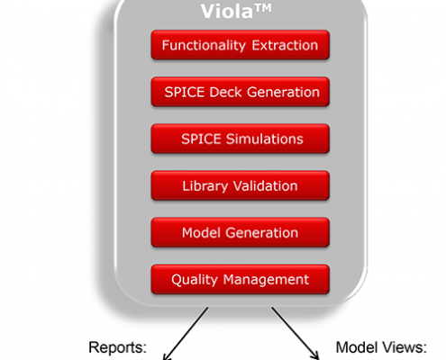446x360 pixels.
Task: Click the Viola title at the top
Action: [236, 12]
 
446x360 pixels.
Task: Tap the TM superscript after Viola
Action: [263, 8]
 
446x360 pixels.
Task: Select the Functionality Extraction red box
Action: [241, 45]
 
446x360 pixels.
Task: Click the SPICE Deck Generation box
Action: [241, 92]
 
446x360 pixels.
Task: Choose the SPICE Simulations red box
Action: [241, 139]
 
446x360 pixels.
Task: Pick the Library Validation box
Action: [241, 185]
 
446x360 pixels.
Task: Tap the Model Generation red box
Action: [241, 232]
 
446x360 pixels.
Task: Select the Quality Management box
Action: [241, 279]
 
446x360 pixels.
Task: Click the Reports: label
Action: [118, 348]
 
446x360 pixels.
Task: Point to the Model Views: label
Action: [381, 347]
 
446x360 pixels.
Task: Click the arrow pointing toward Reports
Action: [186, 333]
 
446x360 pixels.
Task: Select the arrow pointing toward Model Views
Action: [296, 333]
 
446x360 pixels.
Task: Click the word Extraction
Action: [285, 45]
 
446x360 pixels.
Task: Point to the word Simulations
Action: [265, 139]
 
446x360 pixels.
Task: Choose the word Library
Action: [205, 186]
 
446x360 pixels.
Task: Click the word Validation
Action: [266, 186]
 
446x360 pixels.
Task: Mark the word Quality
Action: [195, 280]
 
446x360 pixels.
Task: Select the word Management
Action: [266, 280]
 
